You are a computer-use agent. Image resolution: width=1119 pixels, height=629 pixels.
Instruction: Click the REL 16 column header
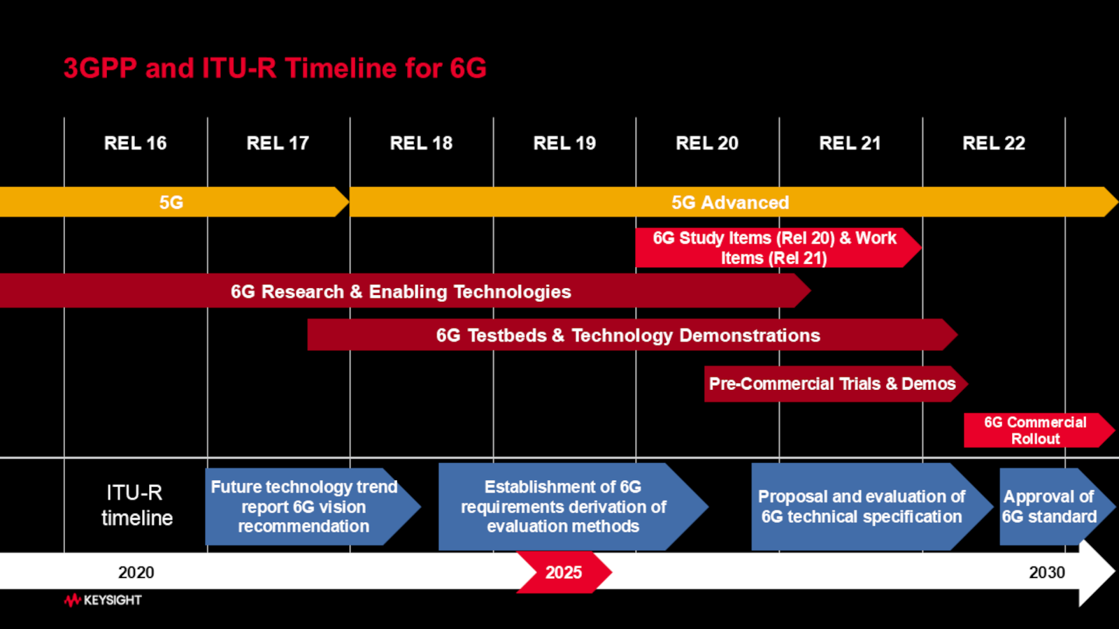click(x=136, y=143)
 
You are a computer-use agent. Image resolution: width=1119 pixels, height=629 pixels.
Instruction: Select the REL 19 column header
click(x=564, y=143)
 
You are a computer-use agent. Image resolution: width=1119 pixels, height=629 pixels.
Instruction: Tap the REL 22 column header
click(x=993, y=143)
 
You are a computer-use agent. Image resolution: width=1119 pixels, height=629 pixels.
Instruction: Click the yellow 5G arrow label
click(x=171, y=202)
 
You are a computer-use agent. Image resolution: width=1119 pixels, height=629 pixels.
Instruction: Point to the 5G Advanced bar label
click(x=730, y=202)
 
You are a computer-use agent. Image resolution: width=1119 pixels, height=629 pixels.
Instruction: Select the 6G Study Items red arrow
click(x=774, y=248)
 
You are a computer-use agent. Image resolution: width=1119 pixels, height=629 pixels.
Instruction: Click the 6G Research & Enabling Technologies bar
click(x=401, y=291)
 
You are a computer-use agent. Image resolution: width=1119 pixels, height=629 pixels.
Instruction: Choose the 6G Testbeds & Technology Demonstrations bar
click(x=627, y=335)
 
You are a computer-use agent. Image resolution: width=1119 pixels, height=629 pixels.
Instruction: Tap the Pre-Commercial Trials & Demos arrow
click(x=832, y=384)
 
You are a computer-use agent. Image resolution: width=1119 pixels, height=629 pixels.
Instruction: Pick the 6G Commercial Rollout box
click(x=1035, y=431)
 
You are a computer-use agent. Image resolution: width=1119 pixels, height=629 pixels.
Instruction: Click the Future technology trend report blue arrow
click(x=304, y=507)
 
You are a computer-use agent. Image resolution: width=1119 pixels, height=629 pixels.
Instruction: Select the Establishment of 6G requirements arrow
click(x=563, y=507)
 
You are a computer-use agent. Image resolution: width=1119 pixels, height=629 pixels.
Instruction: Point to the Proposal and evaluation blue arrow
click(x=862, y=507)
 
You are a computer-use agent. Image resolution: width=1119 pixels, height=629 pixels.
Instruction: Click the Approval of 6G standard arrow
click(x=1049, y=507)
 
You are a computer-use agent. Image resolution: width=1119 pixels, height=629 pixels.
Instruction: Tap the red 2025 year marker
click(x=564, y=572)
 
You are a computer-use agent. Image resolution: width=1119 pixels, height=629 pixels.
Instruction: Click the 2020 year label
click(x=136, y=572)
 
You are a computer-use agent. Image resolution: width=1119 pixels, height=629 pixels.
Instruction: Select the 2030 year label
click(x=1046, y=572)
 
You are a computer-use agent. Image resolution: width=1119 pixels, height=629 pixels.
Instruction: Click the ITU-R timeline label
click(x=136, y=505)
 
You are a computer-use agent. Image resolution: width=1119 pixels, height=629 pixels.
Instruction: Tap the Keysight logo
click(x=103, y=600)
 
